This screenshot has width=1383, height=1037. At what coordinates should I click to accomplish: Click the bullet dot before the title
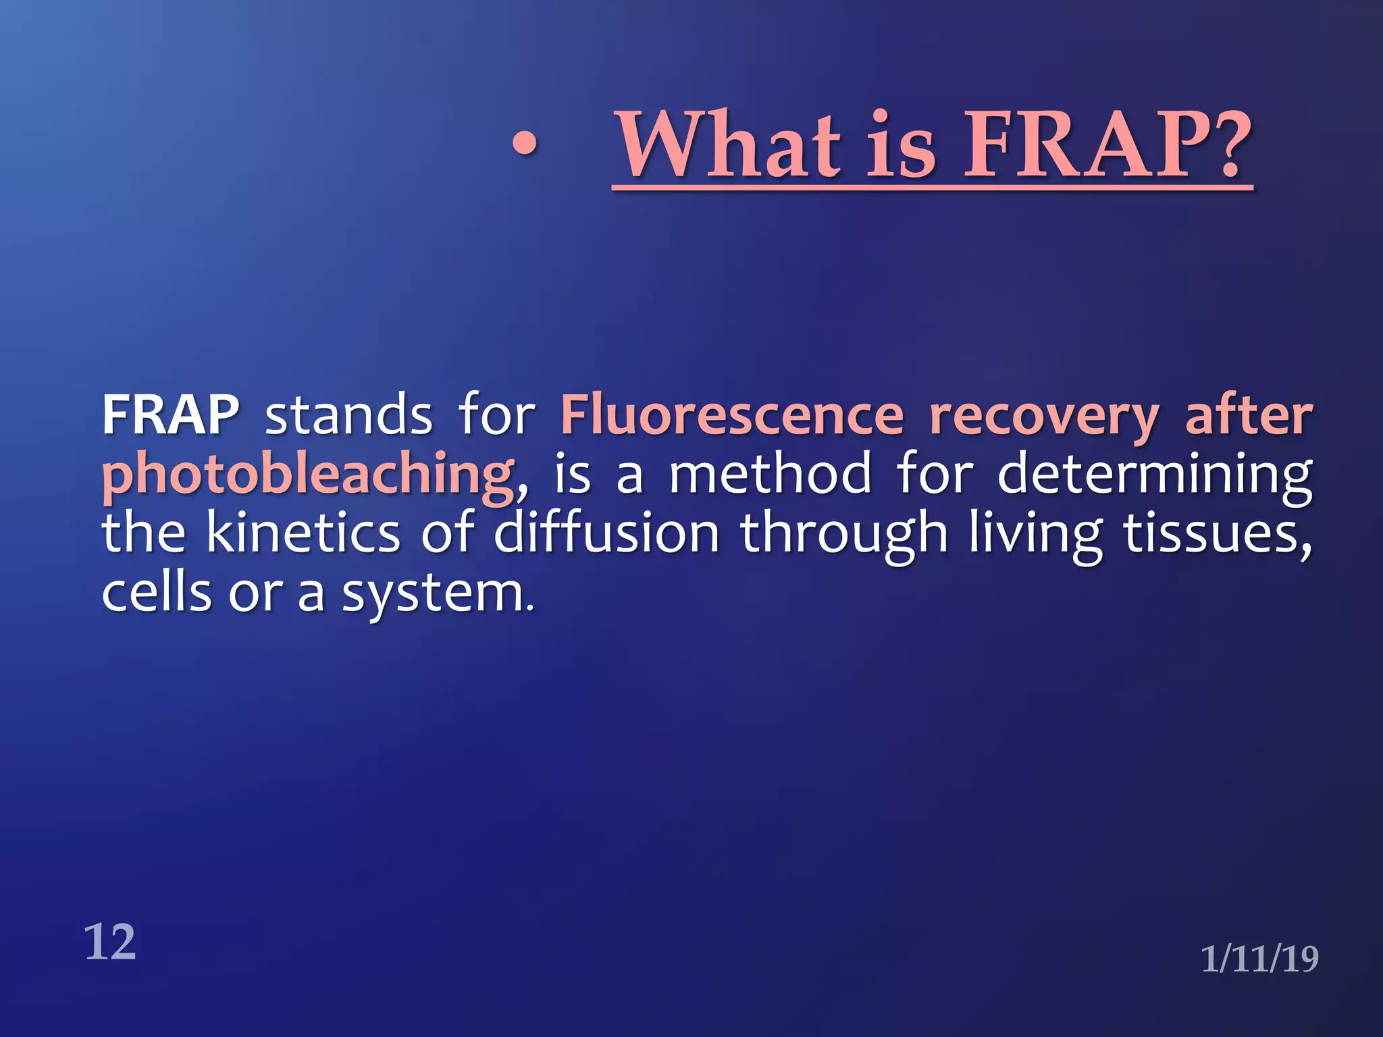(525, 144)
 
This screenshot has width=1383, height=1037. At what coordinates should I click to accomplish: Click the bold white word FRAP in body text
(171, 415)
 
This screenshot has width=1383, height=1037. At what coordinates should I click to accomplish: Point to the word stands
(348, 415)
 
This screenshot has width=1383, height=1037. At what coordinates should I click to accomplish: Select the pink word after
(1249, 415)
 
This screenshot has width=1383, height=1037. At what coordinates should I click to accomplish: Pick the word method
(771, 474)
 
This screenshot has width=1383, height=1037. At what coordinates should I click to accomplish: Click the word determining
(1155, 475)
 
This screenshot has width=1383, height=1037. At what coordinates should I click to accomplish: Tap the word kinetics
(303, 533)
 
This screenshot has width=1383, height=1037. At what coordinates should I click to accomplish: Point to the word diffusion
(606, 533)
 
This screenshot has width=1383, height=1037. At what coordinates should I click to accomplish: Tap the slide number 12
(109, 942)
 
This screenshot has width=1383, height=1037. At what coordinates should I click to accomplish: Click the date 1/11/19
(1259, 959)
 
